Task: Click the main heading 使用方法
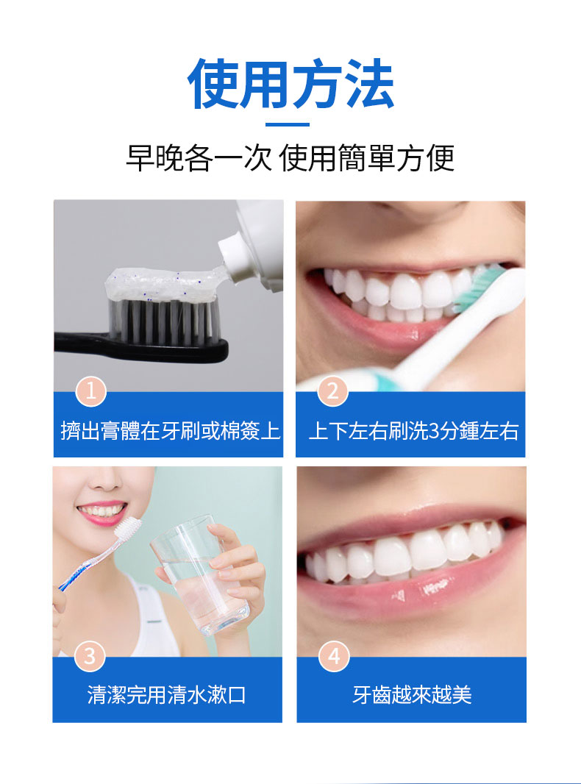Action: click(290, 84)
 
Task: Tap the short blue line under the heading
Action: click(287, 124)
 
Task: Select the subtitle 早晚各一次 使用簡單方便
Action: click(290, 158)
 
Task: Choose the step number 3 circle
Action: click(90, 655)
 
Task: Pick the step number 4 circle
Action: click(333, 655)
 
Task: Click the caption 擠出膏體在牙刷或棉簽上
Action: click(170, 430)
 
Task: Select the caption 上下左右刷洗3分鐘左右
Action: click(413, 431)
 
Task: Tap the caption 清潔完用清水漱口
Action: click(167, 694)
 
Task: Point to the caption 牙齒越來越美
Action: click(412, 694)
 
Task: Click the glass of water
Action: click(200, 575)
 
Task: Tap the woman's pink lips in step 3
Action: click(101, 513)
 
